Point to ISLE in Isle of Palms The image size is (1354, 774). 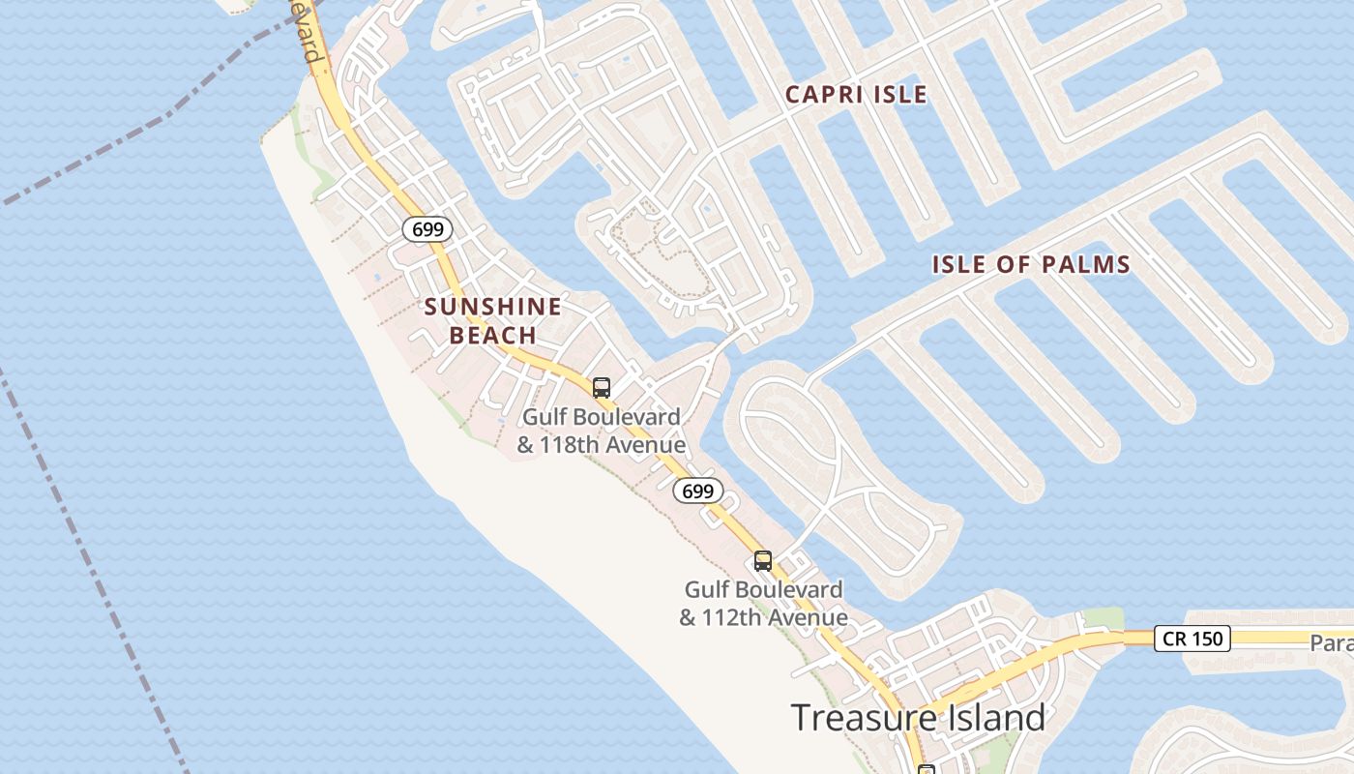(x=958, y=264)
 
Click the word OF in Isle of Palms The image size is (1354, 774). (x=1013, y=264)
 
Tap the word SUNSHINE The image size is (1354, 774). (x=493, y=308)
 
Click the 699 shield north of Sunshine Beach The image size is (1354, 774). (x=427, y=229)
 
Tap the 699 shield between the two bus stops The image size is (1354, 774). (x=697, y=491)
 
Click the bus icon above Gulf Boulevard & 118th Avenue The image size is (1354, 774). (x=602, y=388)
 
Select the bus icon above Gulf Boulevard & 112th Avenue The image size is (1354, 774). (x=763, y=560)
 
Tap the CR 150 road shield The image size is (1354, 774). (x=1192, y=639)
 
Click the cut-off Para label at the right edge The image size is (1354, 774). (x=1332, y=643)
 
